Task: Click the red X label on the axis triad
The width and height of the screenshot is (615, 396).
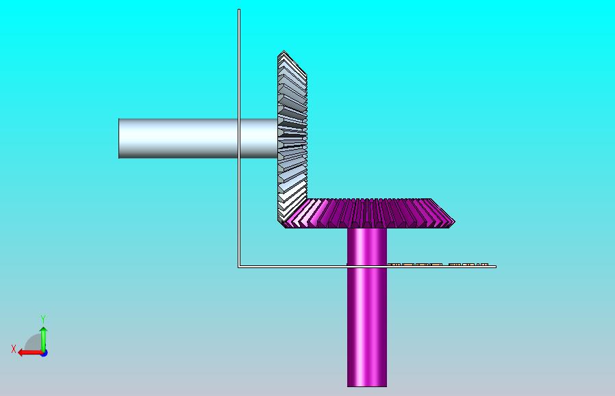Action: pos(14,349)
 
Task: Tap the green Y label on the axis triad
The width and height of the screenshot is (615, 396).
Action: pos(43,319)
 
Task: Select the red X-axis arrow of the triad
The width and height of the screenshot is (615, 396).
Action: pos(31,353)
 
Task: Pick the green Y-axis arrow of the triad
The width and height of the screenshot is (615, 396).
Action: pos(44,339)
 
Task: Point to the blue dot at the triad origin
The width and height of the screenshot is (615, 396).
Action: pos(45,353)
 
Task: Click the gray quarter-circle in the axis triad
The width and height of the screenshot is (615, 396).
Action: pos(34,343)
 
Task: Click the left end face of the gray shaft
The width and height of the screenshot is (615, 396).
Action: pos(119,138)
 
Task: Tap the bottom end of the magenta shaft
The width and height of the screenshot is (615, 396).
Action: pos(366,386)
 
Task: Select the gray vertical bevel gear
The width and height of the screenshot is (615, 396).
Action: pos(292,136)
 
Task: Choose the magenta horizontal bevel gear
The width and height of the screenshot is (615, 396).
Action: pos(368,213)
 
